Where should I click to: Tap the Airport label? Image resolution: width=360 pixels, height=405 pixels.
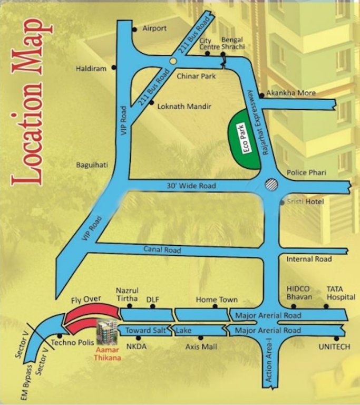click(x=154, y=28)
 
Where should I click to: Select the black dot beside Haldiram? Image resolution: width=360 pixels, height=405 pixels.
click(x=113, y=69)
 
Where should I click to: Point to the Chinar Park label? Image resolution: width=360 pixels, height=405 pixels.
click(x=196, y=76)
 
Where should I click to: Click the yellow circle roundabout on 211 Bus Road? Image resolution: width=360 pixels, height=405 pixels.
click(x=172, y=61)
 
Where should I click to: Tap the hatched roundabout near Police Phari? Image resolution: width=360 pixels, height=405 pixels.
click(x=270, y=184)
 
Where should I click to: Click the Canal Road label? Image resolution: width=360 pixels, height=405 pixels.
click(x=162, y=249)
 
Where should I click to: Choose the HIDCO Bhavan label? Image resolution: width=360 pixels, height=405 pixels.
click(x=299, y=293)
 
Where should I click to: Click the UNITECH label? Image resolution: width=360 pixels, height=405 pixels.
click(x=334, y=347)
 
